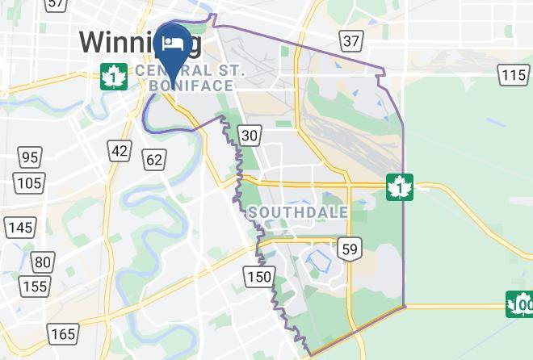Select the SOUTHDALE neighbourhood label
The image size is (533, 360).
pyautogui.click(x=298, y=212)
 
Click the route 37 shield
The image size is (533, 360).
pyautogui.click(x=350, y=40)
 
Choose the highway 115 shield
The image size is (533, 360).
pyautogui.click(x=514, y=75)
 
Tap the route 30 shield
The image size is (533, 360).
pyautogui.click(x=250, y=135)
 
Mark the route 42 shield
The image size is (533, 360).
pyautogui.click(x=120, y=150)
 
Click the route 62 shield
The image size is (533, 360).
pyautogui.click(x=154, y=159)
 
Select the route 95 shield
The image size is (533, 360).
pyautogui.click(x=30, y=157)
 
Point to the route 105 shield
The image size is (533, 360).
pyautogui.click(x=30, y=182)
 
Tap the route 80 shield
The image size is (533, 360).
pyautogui.click(x=43, y=262)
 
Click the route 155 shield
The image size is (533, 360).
pyautogui.click(x=35, y=286)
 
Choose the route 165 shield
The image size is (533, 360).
pyautogui.click(x=62, y=332)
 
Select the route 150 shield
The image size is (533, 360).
pyautogui.click(x=259, y=277)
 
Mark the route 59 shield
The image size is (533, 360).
pyautogui.click(x=350, y=249)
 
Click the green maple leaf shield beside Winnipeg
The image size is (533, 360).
pyautogui.click(x=113, y=77)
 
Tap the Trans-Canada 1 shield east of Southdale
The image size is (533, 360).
pyautogui.click(x=399, y=186)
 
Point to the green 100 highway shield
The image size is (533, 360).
pyautogui.click(x=520, y=304)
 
